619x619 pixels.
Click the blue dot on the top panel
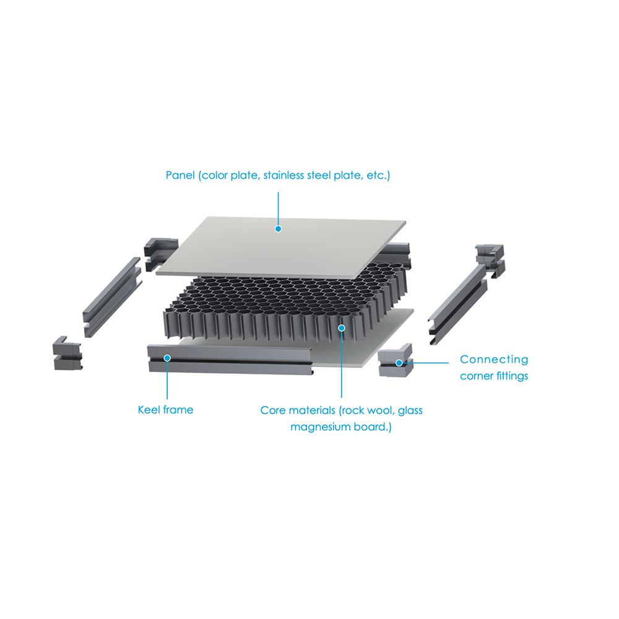(x=279, y=229)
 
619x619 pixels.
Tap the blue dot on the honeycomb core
(x=342, y=328)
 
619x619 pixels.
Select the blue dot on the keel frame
(x=167, y=358)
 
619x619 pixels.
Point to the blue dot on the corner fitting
(x=399, y=363)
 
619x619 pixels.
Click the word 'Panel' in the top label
(x=180, y=175)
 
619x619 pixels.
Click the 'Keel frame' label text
(x=165, y=410)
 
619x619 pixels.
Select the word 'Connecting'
(x=494, y=359)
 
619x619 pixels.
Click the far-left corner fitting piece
(x=67, y=353)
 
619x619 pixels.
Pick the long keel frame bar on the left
(x=112, y=297)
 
